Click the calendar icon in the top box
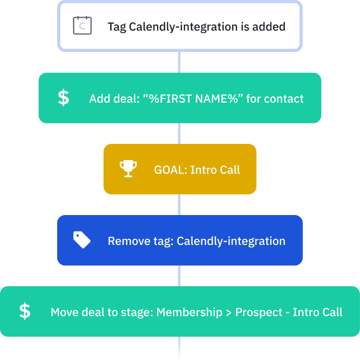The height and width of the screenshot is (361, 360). point(82,26)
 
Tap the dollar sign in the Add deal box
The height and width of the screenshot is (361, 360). point(63,98)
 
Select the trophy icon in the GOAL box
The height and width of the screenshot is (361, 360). point(128,169)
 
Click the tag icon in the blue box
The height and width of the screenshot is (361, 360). point(81,240)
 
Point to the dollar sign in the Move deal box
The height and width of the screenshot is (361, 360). point(25,311)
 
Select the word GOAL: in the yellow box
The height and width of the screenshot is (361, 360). point(170,170)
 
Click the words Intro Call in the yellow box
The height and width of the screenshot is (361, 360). point(215,170)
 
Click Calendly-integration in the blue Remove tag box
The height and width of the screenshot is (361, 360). point(231,241)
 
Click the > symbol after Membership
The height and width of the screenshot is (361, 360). point(228,313)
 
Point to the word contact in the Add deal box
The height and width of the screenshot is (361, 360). point(285,99)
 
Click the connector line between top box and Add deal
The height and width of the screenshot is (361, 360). point(179,62)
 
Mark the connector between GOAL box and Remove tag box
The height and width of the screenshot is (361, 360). point(179,205)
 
